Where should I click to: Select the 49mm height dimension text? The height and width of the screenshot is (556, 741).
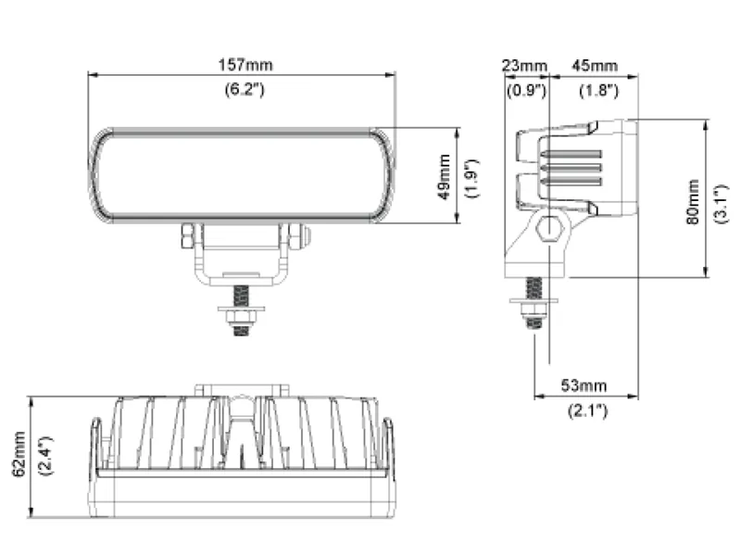tap(445, 177)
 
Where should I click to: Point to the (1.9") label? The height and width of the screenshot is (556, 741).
tap(471, 177)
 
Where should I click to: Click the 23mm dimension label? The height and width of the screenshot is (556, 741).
tap(524, 66)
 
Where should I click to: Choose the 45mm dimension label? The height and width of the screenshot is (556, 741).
tap(594, 66)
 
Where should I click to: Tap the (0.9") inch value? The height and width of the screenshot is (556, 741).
tap(524, 91)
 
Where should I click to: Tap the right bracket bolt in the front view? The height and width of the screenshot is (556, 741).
tap(297, 236)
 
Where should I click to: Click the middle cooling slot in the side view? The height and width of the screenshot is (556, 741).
tap(571, 169)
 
